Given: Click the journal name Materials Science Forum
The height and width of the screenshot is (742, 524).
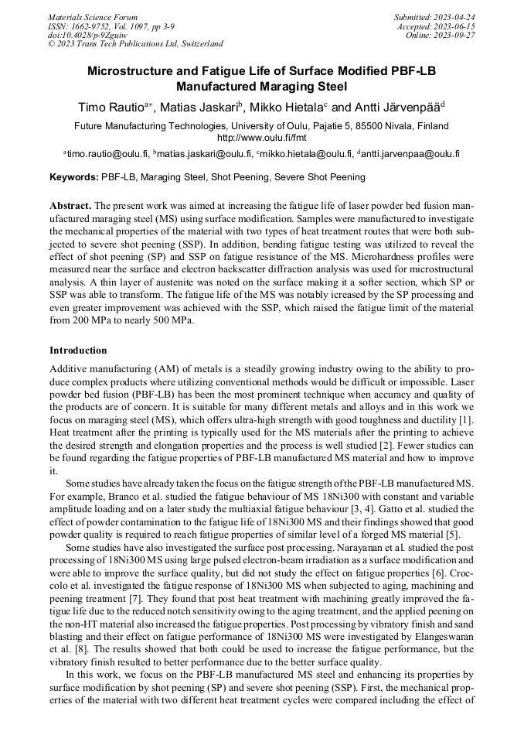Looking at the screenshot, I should point(93,16).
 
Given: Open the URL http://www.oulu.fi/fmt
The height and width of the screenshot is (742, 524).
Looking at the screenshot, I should point(261,137).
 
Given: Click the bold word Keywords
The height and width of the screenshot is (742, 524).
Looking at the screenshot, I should point(73,177).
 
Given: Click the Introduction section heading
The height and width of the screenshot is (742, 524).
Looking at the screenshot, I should point(78,350).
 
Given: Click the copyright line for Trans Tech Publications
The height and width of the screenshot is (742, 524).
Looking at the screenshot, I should point(136,44).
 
